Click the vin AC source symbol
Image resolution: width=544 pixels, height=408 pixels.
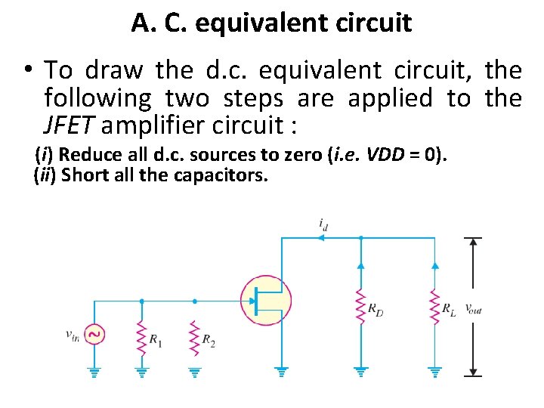tap(94, 333)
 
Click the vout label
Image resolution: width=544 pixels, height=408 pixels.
tap(473, 308)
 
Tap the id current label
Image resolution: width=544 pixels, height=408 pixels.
tap(323, 224)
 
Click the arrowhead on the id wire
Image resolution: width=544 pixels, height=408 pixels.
tap(321, 237)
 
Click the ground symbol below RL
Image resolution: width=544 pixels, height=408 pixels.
tap(434, 371)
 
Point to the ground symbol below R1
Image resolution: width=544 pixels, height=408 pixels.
tap(141, 371)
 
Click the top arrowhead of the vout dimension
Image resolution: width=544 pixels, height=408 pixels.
tap(474, 243)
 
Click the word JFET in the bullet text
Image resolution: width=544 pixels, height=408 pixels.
tap(66, 125)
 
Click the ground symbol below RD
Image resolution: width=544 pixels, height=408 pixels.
tap(360, 371)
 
